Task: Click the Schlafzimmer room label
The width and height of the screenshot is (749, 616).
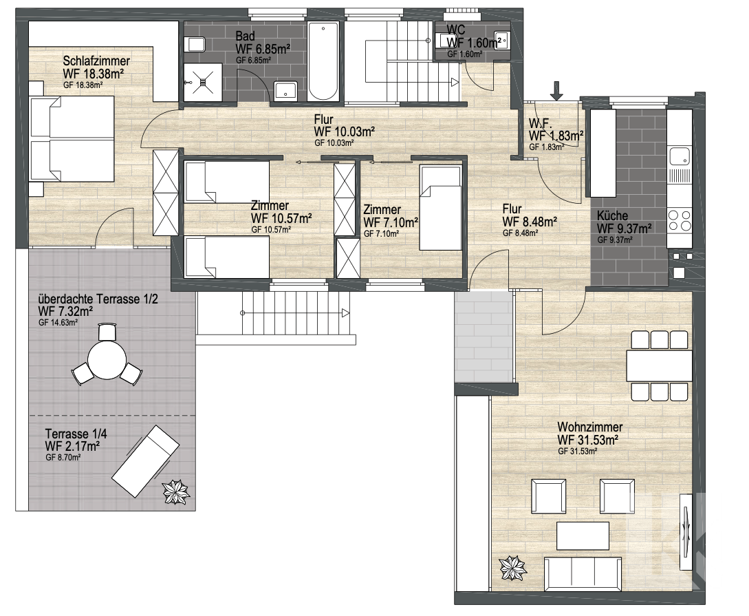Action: click(x=96, y=61)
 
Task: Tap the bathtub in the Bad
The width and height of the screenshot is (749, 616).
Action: click(x=323, y=61)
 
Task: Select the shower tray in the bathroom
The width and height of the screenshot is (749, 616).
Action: click(x=203, y=82)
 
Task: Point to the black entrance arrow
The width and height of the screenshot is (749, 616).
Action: click(x=557, y=91)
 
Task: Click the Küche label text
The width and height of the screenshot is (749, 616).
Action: click(x=612, y=215)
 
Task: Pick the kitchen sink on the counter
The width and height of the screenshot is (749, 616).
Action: click(x=680, y=156)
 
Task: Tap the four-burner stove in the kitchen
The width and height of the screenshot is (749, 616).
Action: click(x=680, y=220)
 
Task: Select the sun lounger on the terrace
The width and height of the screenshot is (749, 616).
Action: click(x=146, y=462)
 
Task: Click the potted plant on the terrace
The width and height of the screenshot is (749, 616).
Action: click(x=176, y=491)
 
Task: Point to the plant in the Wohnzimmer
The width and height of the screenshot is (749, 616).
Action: click(x=513, y=569)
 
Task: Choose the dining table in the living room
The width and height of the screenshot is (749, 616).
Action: click(x=659, y=365)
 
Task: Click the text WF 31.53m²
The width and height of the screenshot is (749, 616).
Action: click(x=588, y=439)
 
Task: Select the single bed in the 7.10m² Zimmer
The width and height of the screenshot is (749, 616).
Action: click(x=440, y=207)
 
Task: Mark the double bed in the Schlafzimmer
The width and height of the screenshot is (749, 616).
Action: click(x=72, y=138)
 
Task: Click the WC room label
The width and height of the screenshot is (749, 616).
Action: click(x=455, y=30)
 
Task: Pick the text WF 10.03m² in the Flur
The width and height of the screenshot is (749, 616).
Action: click(x=344, y=131)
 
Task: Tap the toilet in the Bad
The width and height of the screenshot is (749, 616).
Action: click(x=196, y=45)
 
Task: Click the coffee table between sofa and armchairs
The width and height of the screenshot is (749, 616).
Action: click(x=583, y=535)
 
